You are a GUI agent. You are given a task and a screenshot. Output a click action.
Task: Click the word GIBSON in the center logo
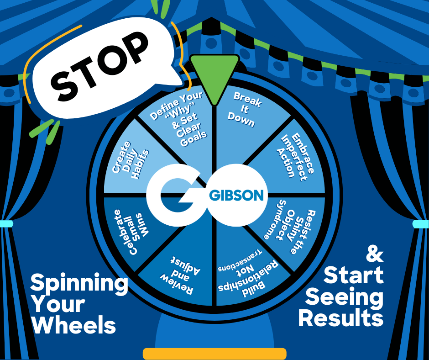point(236,195)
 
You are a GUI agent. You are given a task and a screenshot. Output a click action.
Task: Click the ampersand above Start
point(374,254)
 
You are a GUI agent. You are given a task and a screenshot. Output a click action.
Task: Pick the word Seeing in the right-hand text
point(345,297)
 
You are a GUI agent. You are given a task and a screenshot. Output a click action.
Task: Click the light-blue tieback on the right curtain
point(421,224)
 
